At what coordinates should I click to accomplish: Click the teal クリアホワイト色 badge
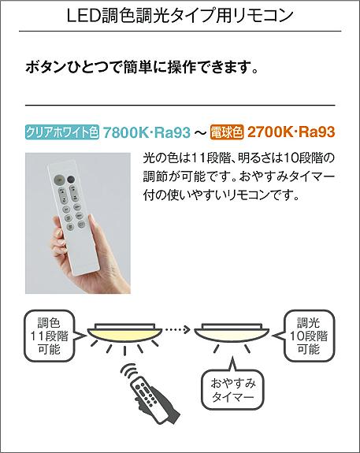[x=62, y=132]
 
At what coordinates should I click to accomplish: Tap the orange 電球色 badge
[x=227, y=132]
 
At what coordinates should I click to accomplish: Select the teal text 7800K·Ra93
[x=147, y=132]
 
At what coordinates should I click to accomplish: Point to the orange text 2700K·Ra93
[x=291, y=132]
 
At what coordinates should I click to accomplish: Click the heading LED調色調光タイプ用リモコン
[x=180, y=16]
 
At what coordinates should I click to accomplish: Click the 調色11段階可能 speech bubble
[x=52, y=336]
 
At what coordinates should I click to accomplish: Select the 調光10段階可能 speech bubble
[x=306, y=336]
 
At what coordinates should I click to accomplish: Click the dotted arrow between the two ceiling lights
[x=177, y=329]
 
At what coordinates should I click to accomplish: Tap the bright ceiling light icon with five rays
[x=124, y=337]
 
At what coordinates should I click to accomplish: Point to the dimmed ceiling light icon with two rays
[x=232, y=336]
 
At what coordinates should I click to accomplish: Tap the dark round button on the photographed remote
[x=71, y=180]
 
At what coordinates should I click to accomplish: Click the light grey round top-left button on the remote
[x=60, y=180]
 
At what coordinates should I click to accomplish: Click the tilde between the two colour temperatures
[x=201, y=132]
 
